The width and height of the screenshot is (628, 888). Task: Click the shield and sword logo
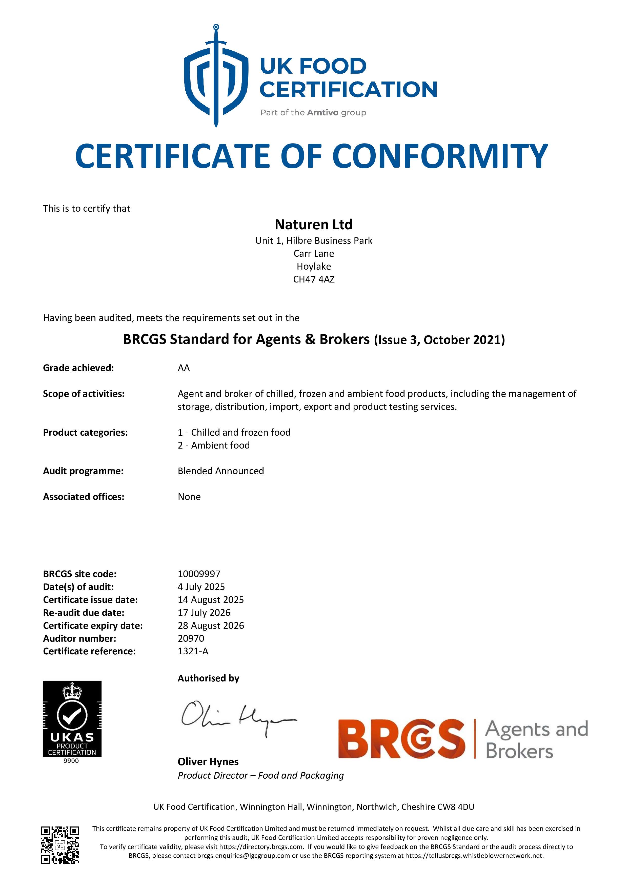coord(216,77)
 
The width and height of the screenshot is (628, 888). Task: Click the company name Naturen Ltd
coord(314,224)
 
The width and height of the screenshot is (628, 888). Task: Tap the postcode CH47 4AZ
coord(314,279)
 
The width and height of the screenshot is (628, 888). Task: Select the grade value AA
coord(184,368)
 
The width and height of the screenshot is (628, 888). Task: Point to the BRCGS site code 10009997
coord(199,574)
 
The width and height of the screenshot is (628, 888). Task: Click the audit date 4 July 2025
coord(201,587)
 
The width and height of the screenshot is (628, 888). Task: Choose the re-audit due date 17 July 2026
coord(204,613)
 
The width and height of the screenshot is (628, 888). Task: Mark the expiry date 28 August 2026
coord(211,625)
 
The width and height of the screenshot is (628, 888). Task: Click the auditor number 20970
coord(191,638)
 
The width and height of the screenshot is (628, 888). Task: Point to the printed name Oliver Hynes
coord(208,761)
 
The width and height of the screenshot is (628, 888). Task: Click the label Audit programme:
coord(83,471)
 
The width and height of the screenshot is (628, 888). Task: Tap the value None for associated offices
coord(189,497)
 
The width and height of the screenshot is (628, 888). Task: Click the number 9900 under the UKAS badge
coord(71,761)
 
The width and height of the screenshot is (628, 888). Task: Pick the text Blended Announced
coord(221,471)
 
